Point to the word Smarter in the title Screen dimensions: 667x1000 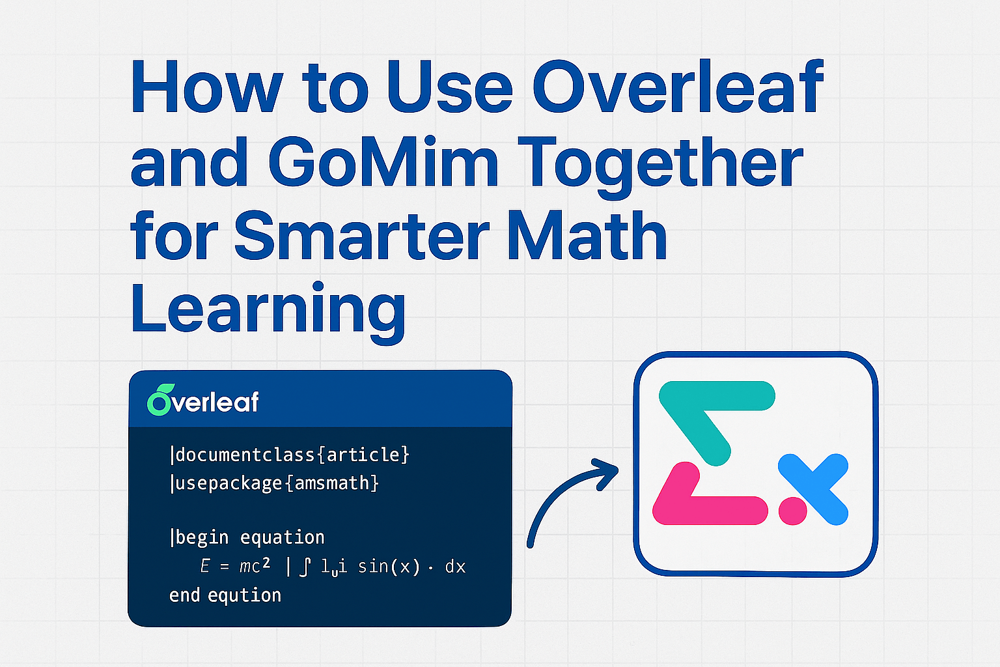coord(361,236)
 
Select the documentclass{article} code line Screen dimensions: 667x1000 coord(289,455)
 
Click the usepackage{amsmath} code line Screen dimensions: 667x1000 coord(274,483)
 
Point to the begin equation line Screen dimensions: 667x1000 coord(247,537)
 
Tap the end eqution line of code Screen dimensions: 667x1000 coord(225,595)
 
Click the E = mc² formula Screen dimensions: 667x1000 coord(235,566)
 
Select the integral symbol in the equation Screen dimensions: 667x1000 coord(305,567)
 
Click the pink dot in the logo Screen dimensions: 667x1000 coord(793,510)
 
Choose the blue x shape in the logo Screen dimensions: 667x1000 coord(814,489)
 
